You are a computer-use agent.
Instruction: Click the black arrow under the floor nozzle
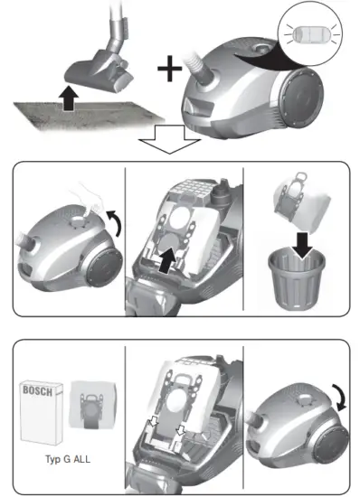[x=68, y=99]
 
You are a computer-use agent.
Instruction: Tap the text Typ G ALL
[x=70, y=456]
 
